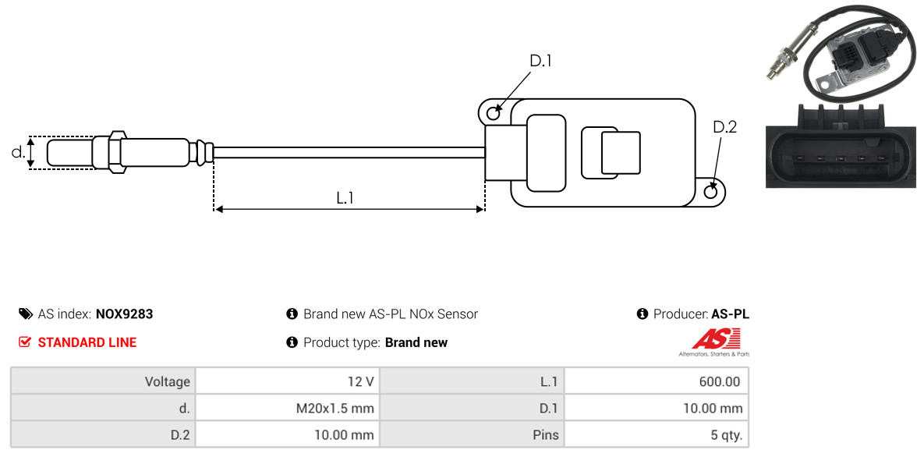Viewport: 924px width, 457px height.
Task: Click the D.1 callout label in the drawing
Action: (x=540, y=61)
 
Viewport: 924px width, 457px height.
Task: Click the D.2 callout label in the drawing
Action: (x=724, y=127)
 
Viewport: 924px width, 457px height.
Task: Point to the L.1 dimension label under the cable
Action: (x=345, y=197)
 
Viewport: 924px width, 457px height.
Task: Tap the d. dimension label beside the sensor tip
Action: (x=18, y=152)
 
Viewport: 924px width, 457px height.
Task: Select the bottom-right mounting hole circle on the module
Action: (x=711, y=191)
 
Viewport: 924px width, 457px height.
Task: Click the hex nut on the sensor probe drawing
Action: (x=117, y=152)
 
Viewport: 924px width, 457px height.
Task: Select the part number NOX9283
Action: (x=124, y=314)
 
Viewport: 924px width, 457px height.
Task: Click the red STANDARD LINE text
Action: (x=87, y=342)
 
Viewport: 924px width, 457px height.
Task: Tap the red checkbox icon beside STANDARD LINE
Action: (x=24, y=342)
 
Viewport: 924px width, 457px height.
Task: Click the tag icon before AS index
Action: (x=25, y=314)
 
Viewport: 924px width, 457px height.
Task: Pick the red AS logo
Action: (x=715, y=339)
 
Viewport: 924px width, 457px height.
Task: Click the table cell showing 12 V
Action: (x=288, y=381)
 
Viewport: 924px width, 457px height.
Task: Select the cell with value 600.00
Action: (x=657, y=381)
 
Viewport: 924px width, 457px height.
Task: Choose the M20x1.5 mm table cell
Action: (x=288, y=408)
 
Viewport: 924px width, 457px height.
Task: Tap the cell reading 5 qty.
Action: (x=657, y=435)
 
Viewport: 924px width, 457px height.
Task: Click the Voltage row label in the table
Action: (x=103, y=381)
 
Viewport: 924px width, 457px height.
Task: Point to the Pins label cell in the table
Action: (x=472, y=435)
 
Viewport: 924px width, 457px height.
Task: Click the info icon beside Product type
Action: (x=292, y=342)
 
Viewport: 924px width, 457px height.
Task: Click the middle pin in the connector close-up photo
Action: (x=841, y=158)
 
